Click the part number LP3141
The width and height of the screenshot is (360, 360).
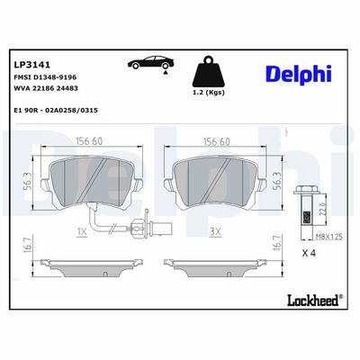click(32, 65)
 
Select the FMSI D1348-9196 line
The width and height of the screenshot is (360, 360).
click(45, 77)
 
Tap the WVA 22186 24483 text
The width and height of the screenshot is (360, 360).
click(46, 88)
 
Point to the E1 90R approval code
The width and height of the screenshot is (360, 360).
click(56, 111)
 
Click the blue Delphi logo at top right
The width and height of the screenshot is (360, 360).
click(299, 74)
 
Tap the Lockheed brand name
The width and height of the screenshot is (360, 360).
click(315, 300)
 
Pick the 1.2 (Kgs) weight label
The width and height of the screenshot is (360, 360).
click(208, 93)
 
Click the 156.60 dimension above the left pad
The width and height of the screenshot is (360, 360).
click(89, 141)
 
